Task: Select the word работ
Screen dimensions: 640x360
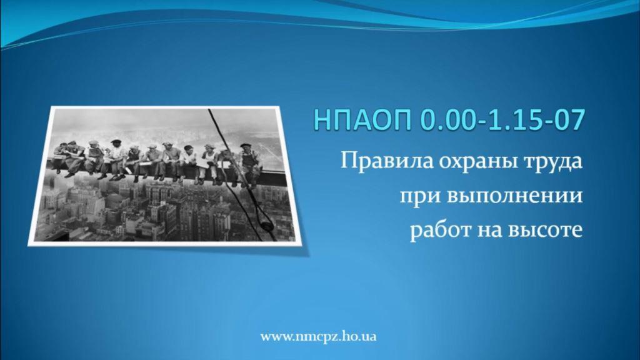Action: pyautogui.click(x=440, y=230)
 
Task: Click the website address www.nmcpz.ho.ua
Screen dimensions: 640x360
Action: pyautogui.click(x=318, y=337)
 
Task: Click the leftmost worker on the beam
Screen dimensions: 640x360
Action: pyautogui.click(x=61, y=157)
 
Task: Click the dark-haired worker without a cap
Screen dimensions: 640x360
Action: pyautogui.click(x=188, y=161)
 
